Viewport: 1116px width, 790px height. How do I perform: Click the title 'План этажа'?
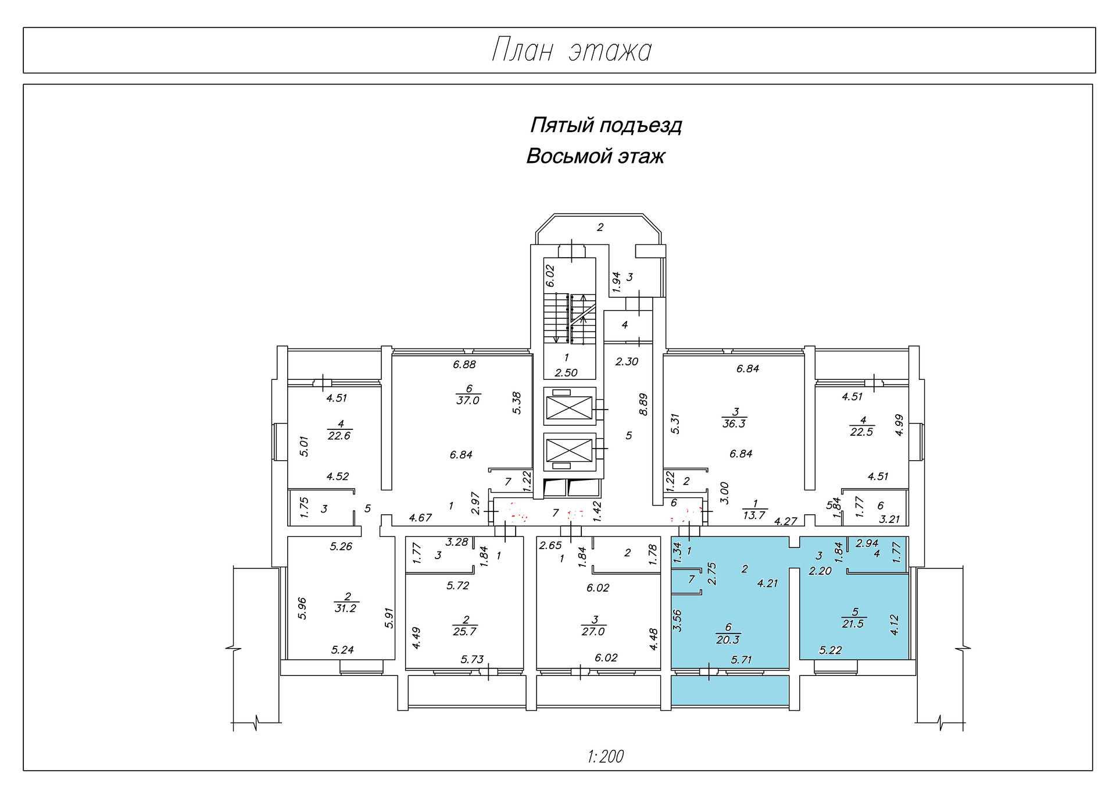571,51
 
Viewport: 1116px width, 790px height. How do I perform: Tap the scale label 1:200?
606,756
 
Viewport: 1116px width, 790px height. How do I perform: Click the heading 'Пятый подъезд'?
606,125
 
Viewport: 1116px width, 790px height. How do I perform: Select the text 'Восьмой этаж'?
595,156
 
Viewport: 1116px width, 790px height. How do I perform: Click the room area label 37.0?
468,401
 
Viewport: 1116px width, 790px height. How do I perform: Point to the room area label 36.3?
734,424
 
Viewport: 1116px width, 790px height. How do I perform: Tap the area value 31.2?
346,608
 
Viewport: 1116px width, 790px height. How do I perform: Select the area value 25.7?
464,632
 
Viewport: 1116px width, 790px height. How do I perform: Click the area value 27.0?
593,632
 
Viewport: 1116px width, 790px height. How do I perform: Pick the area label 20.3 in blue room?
728,640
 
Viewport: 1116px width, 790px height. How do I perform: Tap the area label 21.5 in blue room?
853,624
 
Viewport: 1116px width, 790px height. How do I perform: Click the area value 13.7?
754,515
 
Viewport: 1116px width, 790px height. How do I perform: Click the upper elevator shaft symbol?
569,407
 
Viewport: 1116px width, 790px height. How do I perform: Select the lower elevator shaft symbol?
569,451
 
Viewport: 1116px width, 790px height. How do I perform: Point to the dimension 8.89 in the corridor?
643,404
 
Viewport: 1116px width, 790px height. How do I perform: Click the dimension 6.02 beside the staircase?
550,276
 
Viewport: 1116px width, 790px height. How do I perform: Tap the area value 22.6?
339,436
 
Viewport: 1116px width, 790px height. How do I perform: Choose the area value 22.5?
861,432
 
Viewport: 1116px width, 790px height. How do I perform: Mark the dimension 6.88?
464,365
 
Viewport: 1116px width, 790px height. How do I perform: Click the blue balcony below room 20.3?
730,691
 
